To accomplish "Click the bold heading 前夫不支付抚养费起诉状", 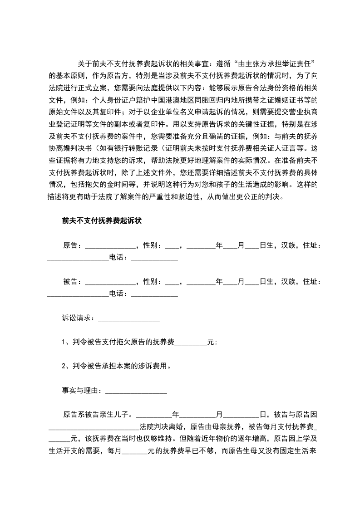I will coord(102,221).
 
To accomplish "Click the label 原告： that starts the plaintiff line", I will coord(72,245).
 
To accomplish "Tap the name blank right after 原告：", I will coord(110,245).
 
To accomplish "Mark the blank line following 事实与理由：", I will coord(136,390).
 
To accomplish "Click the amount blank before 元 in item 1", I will coord(191,343).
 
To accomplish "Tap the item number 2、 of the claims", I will coord(66,366).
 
